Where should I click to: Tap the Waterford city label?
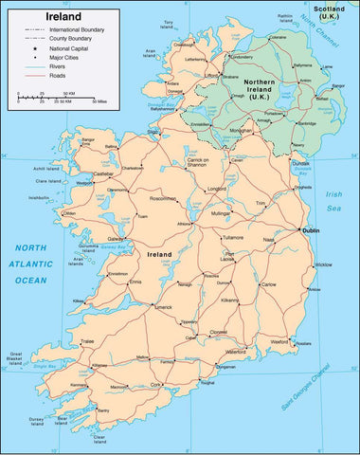tap(235, 352)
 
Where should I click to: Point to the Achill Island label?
tap(46, 168)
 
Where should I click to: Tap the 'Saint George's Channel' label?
tap(305, 383)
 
